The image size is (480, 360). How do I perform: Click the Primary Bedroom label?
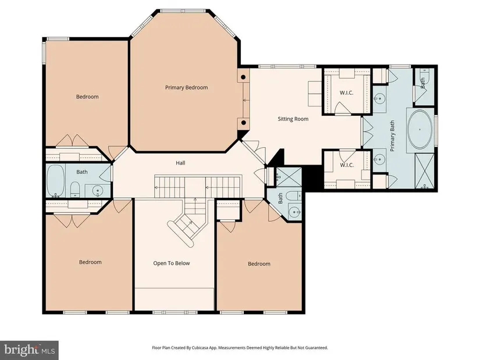coord(186,88)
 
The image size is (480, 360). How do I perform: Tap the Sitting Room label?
coord(293,119)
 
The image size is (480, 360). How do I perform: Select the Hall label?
coord(180,163)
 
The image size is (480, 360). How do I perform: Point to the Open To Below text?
coord(172,263)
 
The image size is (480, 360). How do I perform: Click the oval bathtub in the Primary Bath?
coord(419,130)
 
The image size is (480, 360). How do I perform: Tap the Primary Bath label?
coord(393,136)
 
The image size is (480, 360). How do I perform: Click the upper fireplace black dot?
coord(243,77)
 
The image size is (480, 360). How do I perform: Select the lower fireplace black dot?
coord(243,123)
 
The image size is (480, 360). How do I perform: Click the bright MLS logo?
coord(29,350)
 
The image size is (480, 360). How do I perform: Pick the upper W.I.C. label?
coord(347,92)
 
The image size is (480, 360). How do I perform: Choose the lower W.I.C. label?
coord(347,165)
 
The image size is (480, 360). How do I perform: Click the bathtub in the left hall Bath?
coord(55,181)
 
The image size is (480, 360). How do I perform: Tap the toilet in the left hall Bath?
coord(74,190)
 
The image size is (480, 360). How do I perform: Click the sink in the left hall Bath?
coord(98,191)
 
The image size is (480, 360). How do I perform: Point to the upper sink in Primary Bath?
coord(379,98)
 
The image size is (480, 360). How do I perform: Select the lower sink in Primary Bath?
coord(379,159)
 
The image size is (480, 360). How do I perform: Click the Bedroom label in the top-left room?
coord(87,97)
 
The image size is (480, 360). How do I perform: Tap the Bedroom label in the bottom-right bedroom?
coord(259,264)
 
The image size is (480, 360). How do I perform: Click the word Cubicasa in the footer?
coord(198,348)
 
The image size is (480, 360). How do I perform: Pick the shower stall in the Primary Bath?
coord(424,171)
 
